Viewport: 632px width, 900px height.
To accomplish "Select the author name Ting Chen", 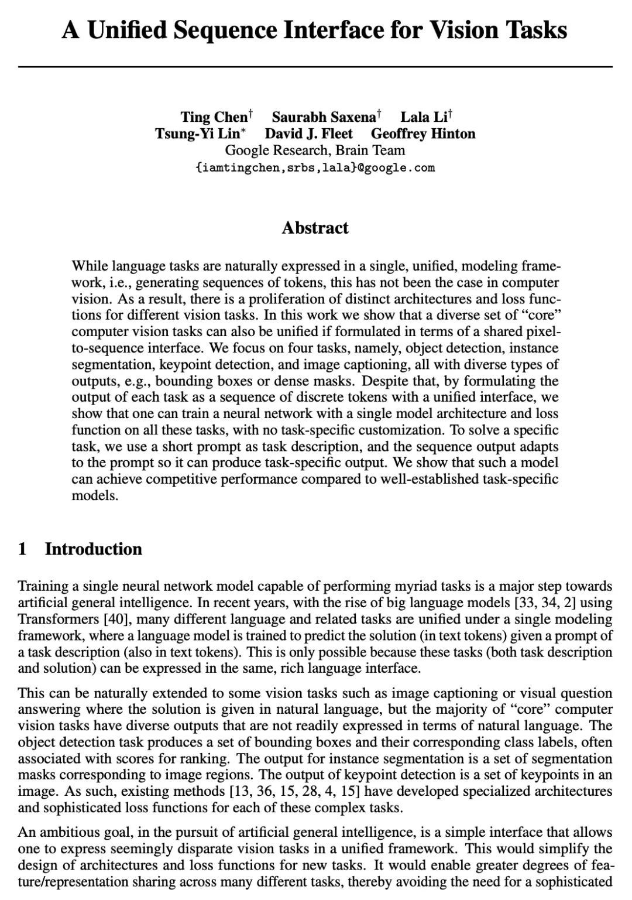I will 214,117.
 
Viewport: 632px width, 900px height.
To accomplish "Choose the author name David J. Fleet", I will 308,134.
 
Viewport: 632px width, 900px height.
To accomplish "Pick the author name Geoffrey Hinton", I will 423,134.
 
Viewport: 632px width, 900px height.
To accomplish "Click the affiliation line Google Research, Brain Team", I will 315,150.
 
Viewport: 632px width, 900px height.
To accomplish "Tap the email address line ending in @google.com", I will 315,168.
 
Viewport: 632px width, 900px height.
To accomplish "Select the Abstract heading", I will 315,228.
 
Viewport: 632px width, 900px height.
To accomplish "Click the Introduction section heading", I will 94,549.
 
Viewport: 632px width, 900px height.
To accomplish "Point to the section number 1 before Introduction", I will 23,549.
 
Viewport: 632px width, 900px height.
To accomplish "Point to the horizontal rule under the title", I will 315,67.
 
